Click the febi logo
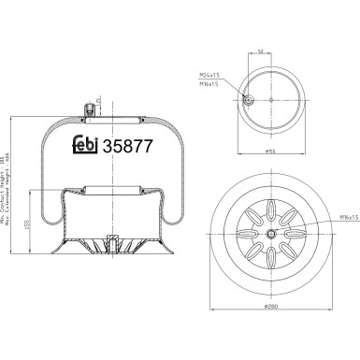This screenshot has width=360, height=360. tap(87, 147)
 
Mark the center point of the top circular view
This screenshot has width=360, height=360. tap(271, 101)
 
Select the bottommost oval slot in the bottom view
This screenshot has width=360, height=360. tap(271, 263)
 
